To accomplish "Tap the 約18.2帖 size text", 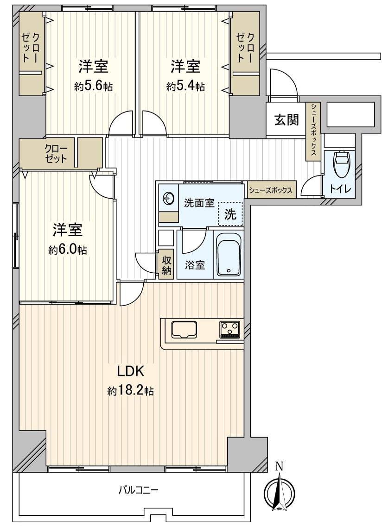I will pyautogui.click(x=131, y=391).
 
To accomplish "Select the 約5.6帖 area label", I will pyautogui.click(x=93, y=86).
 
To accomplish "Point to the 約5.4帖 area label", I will pyautogui.click(x=185, y=86).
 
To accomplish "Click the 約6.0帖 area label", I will pyautogui.click(x=68, y=250).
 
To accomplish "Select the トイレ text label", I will pyautogui.click(x=341, y=189).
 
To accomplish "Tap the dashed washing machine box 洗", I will pyautogui.click(x=230, y=214).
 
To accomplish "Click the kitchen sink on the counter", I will pyautogui.click(x=184, y=330).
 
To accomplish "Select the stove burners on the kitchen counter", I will pyautogui.click(x=230, y=330).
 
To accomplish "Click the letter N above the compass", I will pyautogui.click(x=279, y=467).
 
